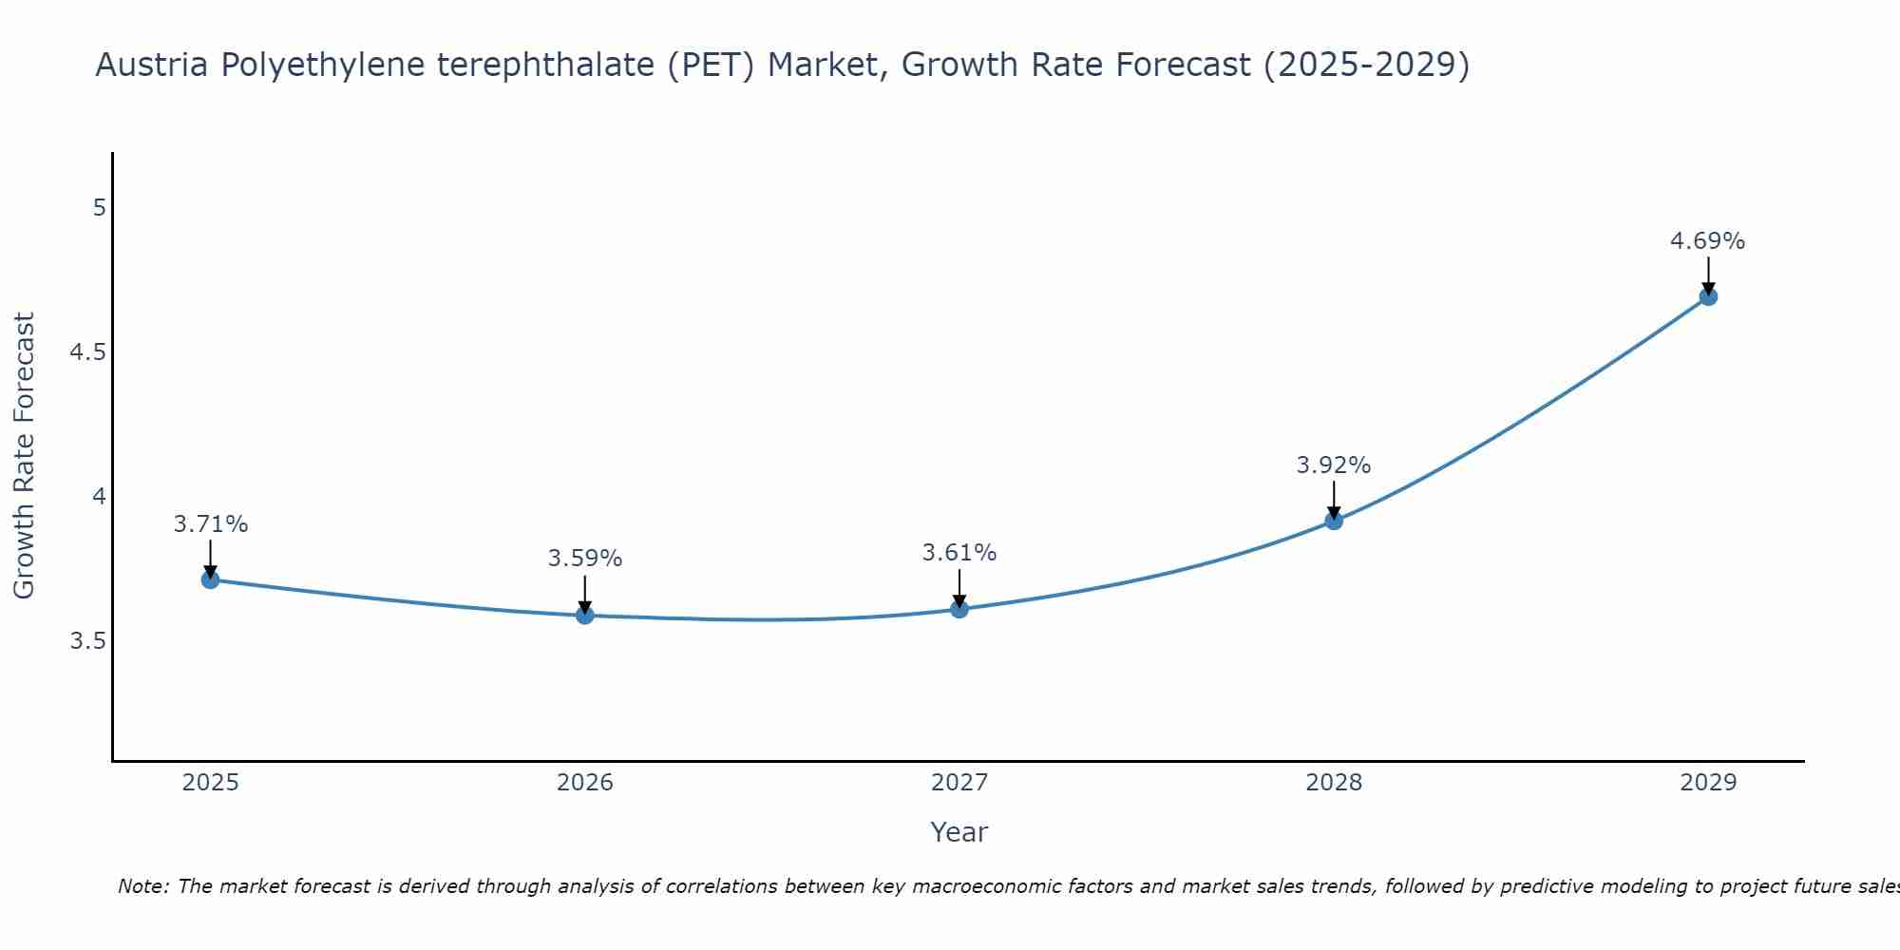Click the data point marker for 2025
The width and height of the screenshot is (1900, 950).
(211, 579)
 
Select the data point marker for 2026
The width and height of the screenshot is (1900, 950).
(585, 616)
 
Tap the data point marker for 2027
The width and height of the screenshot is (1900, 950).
(959, 609)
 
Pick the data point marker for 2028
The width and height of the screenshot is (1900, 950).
(1334, 521)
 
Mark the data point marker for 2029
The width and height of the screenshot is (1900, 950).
(1708, 296)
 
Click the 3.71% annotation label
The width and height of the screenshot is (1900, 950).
(211, 524)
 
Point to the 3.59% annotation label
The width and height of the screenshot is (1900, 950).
(585, 559)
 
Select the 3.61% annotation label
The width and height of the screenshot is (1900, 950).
(959, 553)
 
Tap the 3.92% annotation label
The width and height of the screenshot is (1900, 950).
(1334, 465)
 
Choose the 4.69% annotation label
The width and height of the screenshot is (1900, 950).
(1708, 241)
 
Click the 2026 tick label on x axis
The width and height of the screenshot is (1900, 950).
(585, 783)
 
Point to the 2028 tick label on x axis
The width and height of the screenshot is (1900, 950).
(1334, 783)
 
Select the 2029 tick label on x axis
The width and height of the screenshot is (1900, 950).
(1708, 783)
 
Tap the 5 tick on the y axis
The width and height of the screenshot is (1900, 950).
(99, 207)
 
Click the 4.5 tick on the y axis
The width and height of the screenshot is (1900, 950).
(87, 352)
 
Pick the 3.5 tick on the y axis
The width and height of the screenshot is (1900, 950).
(87, 641)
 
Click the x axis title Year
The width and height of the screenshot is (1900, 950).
(959, 832)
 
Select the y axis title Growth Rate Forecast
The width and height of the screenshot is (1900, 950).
(25, 456)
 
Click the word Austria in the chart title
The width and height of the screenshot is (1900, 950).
(153, 65)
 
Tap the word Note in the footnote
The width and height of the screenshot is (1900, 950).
(142, 886)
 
